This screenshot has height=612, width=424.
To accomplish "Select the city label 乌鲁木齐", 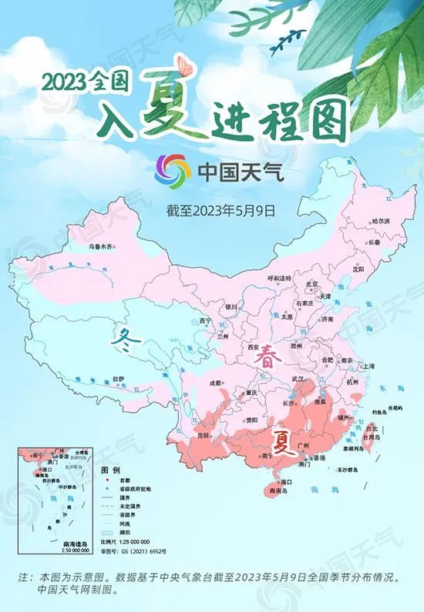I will pyautogui.click(x=99, y=246).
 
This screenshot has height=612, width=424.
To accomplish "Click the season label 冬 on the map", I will pyautogui.click(x=124, y=336).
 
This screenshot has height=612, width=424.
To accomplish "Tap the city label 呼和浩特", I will pyautogui.click(x=280, y=277).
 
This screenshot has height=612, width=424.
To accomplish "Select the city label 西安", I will pyautogui.click(x=254, y=347).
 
